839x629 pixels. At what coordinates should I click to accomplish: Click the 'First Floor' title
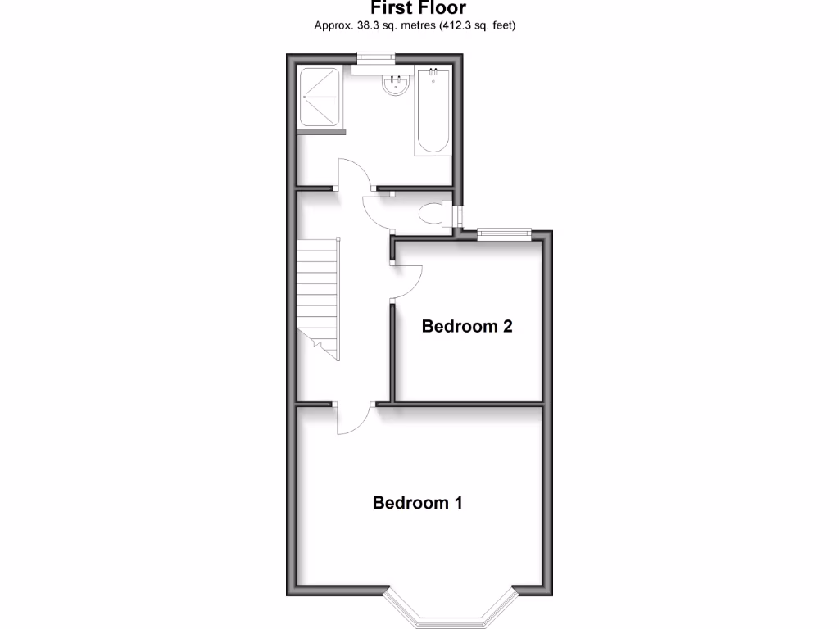point(419,8)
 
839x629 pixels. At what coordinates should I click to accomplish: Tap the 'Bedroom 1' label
point(417,502)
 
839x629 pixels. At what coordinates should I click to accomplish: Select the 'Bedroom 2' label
point(467,326)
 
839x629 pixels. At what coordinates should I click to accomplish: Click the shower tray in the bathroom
point(320,97)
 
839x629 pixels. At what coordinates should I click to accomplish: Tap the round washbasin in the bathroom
point(397,85)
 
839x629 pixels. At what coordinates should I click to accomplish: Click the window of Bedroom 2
point(504,233)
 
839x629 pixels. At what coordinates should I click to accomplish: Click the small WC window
point(460,217)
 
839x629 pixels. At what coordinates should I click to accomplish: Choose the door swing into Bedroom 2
point(407,283)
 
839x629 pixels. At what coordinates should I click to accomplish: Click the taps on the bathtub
point(433,75)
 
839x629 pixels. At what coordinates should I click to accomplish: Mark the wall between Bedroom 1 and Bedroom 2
point(468,404)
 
